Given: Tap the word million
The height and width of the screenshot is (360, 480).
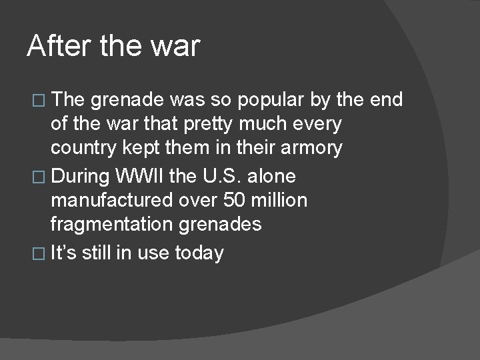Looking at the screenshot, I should point(279,201).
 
